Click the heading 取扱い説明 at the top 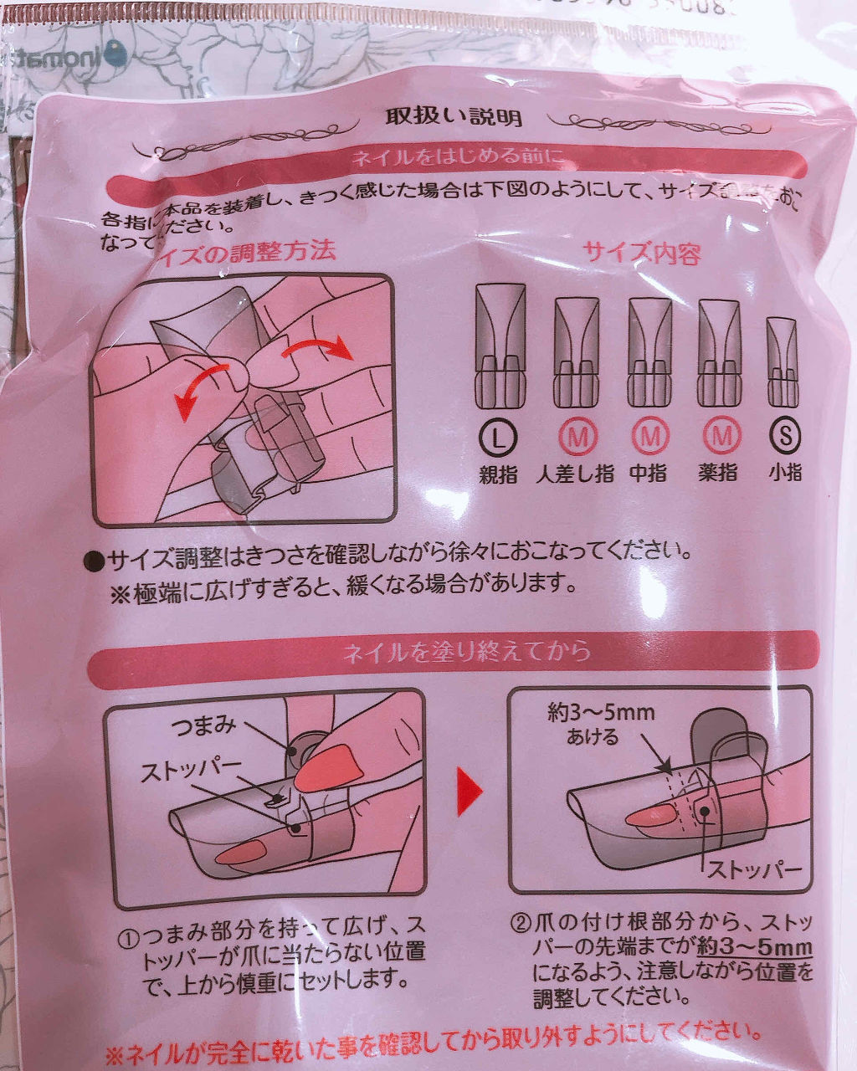(x=453, y=116)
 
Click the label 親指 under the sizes (x=499, y=474)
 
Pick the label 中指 (x=649, y=474)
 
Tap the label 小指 (x=785, y=472)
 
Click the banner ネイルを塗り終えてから (x=466, y=651)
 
